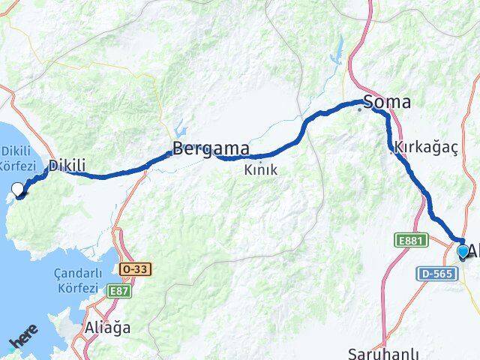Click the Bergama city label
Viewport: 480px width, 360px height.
(211, 148)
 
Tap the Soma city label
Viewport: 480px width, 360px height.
(387, 102)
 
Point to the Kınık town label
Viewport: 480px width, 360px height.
(260, 170)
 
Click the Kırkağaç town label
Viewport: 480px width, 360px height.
(425, 148)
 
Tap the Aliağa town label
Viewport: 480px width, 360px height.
(111, 327)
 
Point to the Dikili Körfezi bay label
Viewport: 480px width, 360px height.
(17, 158)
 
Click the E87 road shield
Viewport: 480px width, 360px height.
(119, 290)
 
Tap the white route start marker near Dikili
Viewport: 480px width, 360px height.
(19, 190)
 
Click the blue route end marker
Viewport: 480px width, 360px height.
(463, 252)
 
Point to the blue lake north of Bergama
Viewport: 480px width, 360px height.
(179, 127)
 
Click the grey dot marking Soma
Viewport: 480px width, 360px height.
(359, 109)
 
